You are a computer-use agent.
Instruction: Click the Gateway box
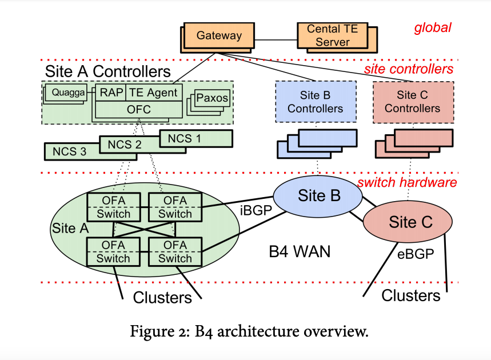coord(219,35)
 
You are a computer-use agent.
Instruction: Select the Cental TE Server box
coord(332,35)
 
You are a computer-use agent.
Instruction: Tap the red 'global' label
coord(433,27)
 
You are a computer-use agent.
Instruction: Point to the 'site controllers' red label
coord(409,69)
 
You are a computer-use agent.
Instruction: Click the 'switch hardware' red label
coord(407,182)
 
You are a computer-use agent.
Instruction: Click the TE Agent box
coord(153,92)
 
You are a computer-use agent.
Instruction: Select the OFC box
coord(139,109)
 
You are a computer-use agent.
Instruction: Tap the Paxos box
coord(212,98)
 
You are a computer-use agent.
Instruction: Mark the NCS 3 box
coord(70,151)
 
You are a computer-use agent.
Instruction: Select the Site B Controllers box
coord(315,101)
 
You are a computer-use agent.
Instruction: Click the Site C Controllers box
coord(412,101)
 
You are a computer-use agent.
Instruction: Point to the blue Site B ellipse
coord(318,195)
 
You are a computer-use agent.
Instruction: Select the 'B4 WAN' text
coord(300,251)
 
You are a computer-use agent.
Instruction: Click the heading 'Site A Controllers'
coord(108,71)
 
